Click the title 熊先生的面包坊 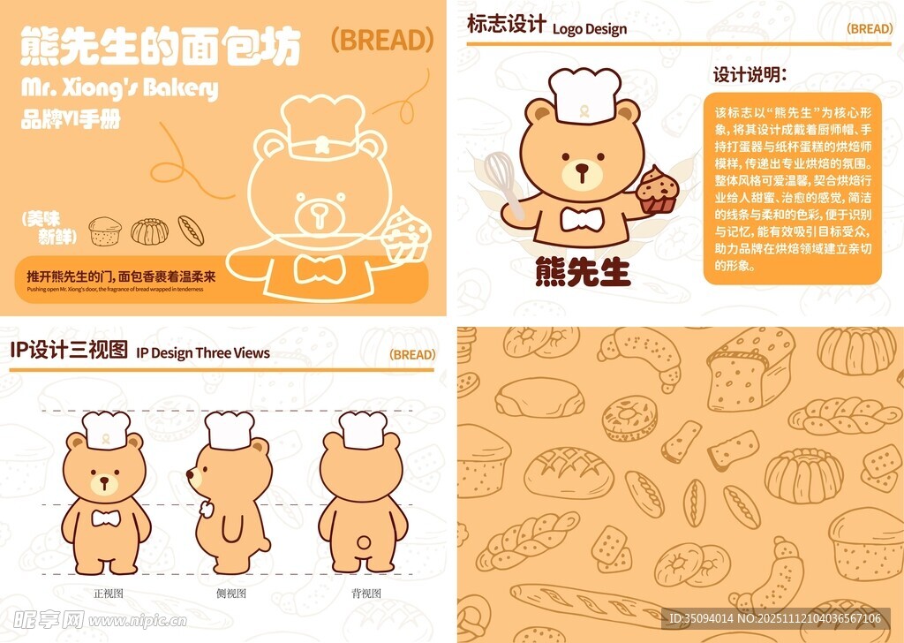(x=160, y=47)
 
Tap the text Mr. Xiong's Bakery (x=118, y=88)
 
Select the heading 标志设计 (x=506, y=25)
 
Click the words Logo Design (x=590, y=29)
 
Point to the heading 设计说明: (x=750, y=75)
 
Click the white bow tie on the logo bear (x=582, y=218)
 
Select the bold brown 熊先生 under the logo (x=583, y=272)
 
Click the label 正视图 (x=109, y=594)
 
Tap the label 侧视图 (x=231, y=594)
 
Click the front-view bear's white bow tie (x=106, y=518)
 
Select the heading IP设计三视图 (x=69, y=350)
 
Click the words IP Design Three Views (x=203, y=353)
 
